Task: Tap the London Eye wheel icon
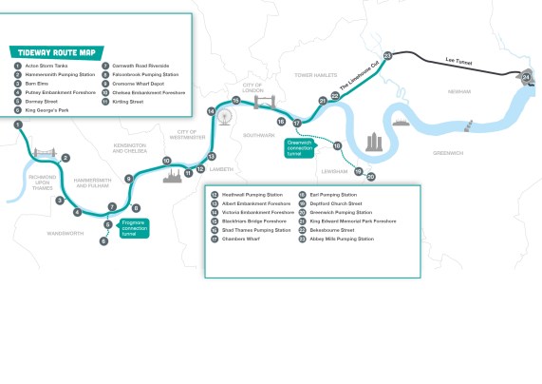coord(225,116)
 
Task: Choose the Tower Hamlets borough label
coord(314,74)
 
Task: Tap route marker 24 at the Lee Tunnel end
coord(526,77)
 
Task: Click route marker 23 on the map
coord(387,55)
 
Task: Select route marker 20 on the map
coord(371,177)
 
